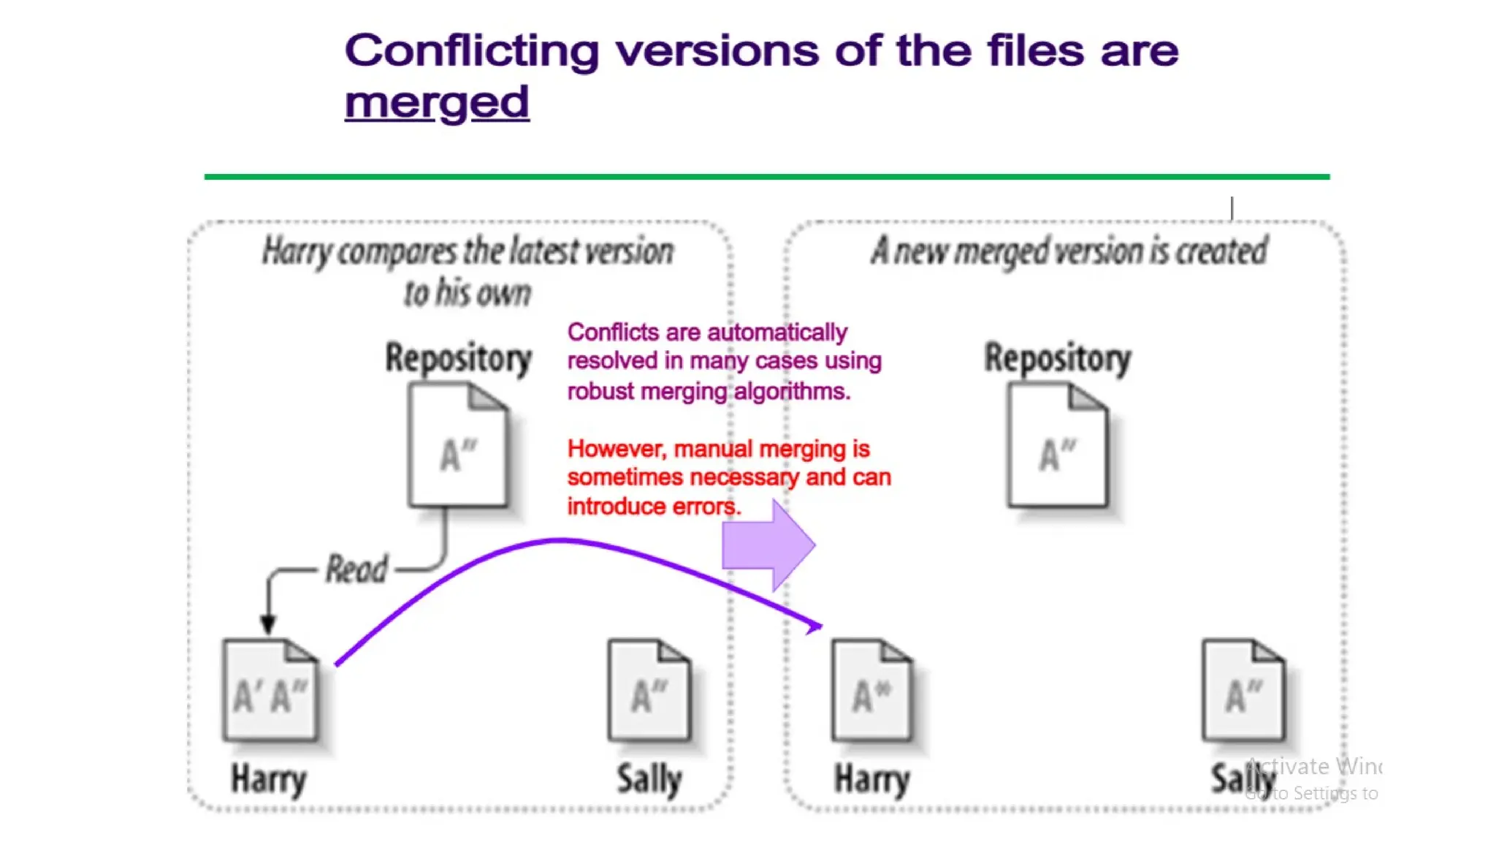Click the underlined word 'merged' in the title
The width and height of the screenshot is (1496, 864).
pyautogui.click(x=436, y=102)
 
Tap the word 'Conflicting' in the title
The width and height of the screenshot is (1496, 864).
pyautogui.click(x=472, y=51)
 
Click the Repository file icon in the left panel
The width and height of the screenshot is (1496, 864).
pyautogui.click(x=458, y=446)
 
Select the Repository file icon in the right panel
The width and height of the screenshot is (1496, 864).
pyautogui.click(x=1057, y=446)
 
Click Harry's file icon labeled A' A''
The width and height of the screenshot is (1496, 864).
pyautogui.click(x=270, y=690)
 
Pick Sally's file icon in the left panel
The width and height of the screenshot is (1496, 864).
pyautogui.click(x=649, y=690)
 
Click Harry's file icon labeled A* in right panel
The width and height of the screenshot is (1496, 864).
pyautogui.click(x=871, y=690)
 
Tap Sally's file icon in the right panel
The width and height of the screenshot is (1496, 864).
pyautogui.click(x=1243, y=690)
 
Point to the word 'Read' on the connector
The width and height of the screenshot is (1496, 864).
pyautogui.click(x=356, y=569)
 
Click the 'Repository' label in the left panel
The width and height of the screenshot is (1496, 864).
pyautogui.click(x=458, y=358)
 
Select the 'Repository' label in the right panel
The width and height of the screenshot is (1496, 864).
pyautogui.click(x=1057, y=358)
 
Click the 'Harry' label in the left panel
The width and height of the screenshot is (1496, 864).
pyautogui.click(x=268, y=779)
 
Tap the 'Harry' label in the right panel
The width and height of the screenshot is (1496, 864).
pyautogui.click(x=871, y=779)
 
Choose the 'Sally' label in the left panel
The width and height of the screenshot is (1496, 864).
pyautogui.click(x=649, y=779)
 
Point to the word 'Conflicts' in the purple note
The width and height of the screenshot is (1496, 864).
pyautogui.click(x=613, y=333)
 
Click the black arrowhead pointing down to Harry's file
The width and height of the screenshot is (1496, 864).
pyautogui.click(x=268, y=624)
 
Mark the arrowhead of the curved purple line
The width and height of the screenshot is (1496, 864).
pyautogui.click(x=815, y=626)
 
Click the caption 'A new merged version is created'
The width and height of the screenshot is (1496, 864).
pyautogui.click(x=1069, y=251)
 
